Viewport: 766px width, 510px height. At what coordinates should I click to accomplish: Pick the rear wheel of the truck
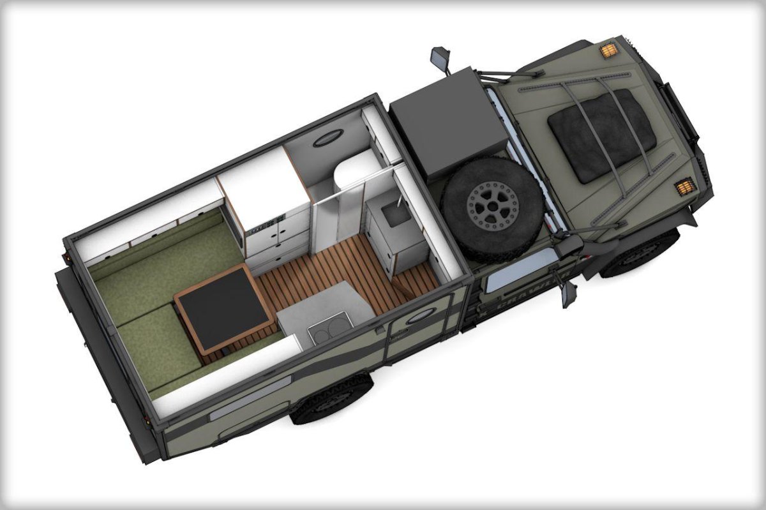(x=332, y=399)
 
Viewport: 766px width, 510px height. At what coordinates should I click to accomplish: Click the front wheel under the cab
(x=638, y=254)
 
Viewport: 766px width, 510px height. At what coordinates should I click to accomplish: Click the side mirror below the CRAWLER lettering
(x=568, y=294)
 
